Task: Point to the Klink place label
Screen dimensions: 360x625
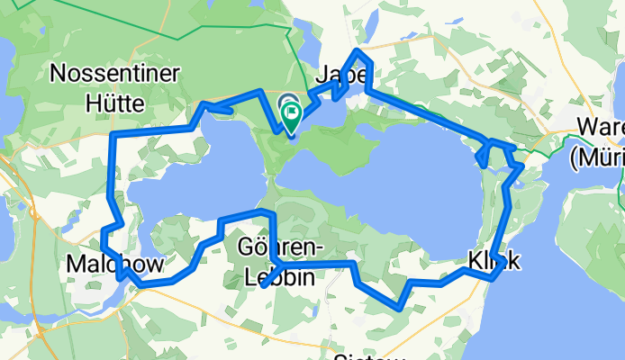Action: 494,261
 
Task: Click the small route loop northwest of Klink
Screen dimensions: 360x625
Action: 485,153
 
